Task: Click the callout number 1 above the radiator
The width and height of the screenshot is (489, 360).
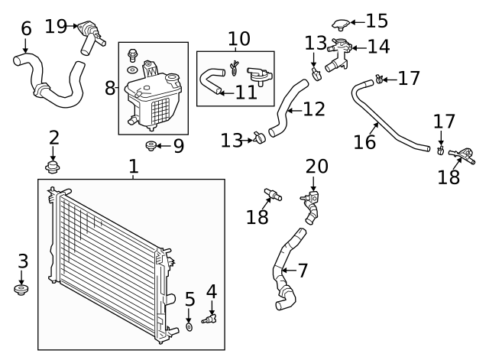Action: point(133,166)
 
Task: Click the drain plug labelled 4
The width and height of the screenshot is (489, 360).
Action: point(209,317)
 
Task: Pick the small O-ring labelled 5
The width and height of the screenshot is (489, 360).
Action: point(189,328)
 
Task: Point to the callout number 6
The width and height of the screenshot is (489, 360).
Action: point(26,29)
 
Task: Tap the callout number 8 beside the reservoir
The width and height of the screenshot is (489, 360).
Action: point(110,88)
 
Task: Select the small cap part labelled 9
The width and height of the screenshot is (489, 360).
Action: point(151,145)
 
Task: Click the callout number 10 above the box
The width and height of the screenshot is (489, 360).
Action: point(238,38)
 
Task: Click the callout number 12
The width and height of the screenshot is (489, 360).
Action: point(314,109)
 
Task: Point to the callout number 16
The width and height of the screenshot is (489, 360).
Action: point(364,142)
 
